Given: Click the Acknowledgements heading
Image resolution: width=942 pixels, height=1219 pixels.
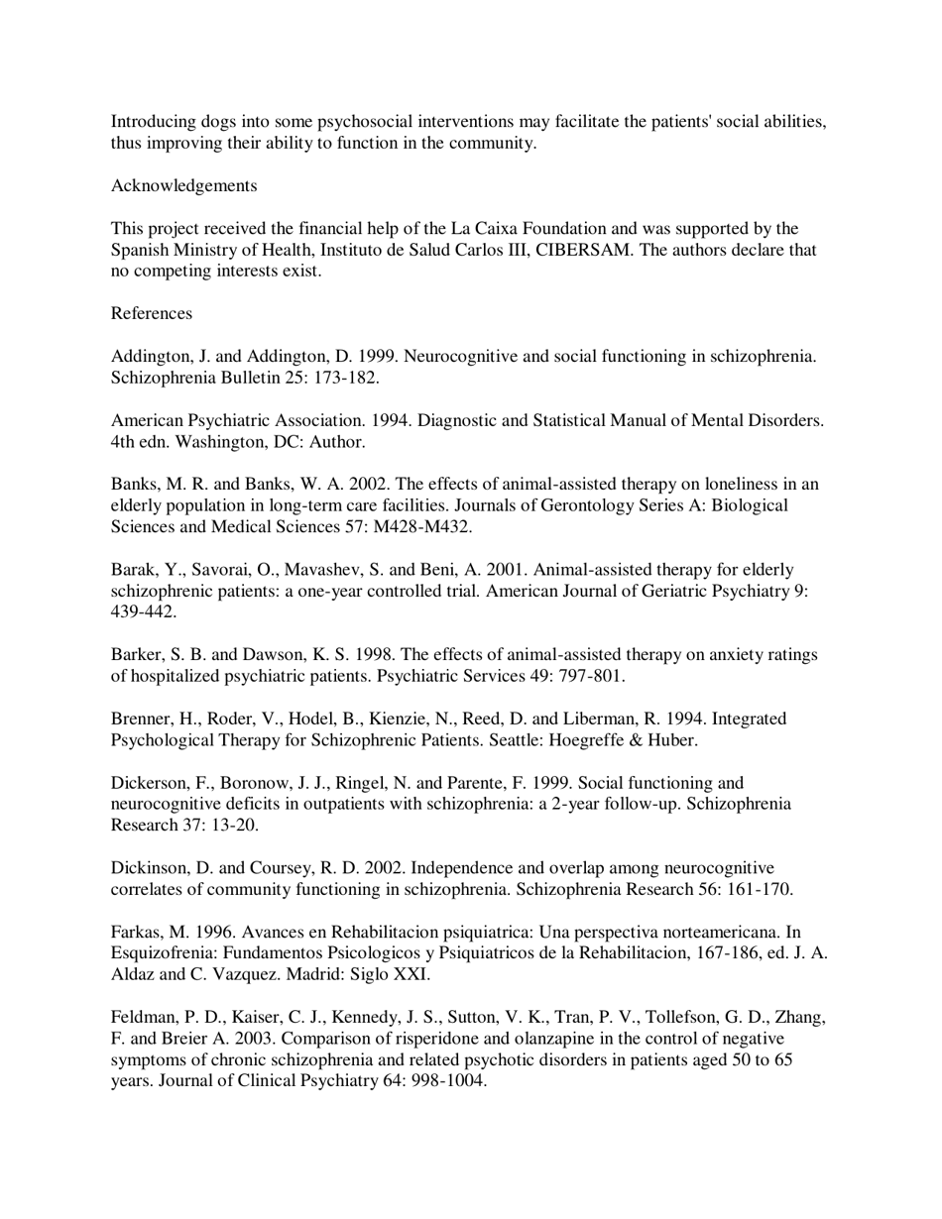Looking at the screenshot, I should [x=183, y=185].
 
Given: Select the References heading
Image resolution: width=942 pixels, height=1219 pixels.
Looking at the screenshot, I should [x=151, y=313].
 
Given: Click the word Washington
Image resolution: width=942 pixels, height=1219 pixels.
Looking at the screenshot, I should [x=202, y=442].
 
